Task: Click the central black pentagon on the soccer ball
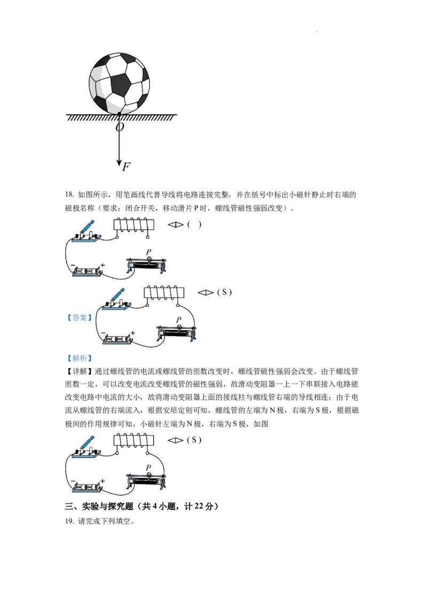121,84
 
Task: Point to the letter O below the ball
120,127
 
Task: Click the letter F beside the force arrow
126,167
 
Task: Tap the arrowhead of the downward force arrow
119,162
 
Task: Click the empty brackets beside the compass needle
194,225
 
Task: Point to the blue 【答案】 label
80,317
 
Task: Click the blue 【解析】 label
80,358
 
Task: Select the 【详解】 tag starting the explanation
80,371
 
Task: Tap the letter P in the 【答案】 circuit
178,320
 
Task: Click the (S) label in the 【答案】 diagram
224,292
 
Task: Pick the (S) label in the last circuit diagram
194,440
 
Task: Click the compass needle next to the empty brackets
176,225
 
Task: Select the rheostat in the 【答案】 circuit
177,332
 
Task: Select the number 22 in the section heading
199,506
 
